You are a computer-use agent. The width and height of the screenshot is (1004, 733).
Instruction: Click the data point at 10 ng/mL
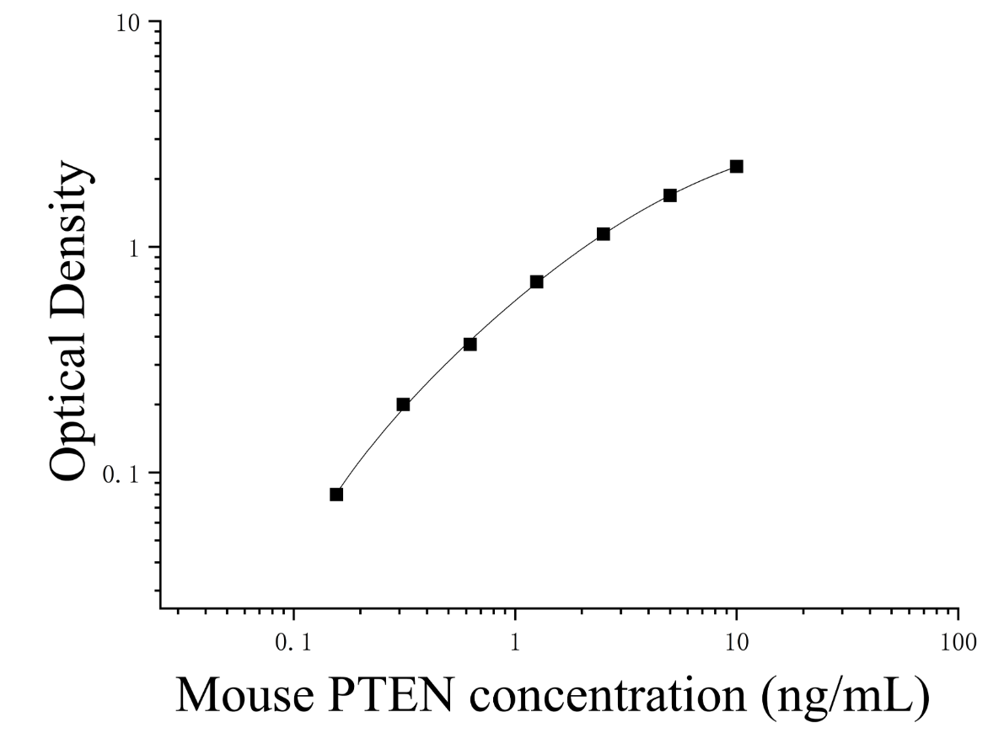737,167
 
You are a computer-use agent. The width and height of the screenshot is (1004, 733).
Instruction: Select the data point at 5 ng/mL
670,195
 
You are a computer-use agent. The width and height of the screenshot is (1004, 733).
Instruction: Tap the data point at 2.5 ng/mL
604,234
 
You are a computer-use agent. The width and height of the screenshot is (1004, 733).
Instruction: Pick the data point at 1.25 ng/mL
537,281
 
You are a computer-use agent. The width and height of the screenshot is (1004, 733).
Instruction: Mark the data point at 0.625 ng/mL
470,345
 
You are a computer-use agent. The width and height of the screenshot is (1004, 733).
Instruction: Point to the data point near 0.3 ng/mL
403,404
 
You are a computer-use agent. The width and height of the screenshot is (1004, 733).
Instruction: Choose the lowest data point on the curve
336,495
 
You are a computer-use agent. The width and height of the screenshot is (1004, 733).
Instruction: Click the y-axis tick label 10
128,23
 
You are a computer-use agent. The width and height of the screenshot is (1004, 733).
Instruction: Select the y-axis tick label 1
134,249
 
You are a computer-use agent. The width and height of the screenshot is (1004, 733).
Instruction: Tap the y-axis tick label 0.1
121,474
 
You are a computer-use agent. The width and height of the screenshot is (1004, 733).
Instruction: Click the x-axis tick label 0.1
294,642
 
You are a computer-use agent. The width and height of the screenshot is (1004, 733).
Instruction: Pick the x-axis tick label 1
515,642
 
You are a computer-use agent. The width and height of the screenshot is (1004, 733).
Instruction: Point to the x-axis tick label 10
737,642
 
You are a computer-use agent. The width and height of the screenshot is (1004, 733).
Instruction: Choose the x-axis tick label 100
958,642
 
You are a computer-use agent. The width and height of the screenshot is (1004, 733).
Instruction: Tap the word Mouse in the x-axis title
244,694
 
